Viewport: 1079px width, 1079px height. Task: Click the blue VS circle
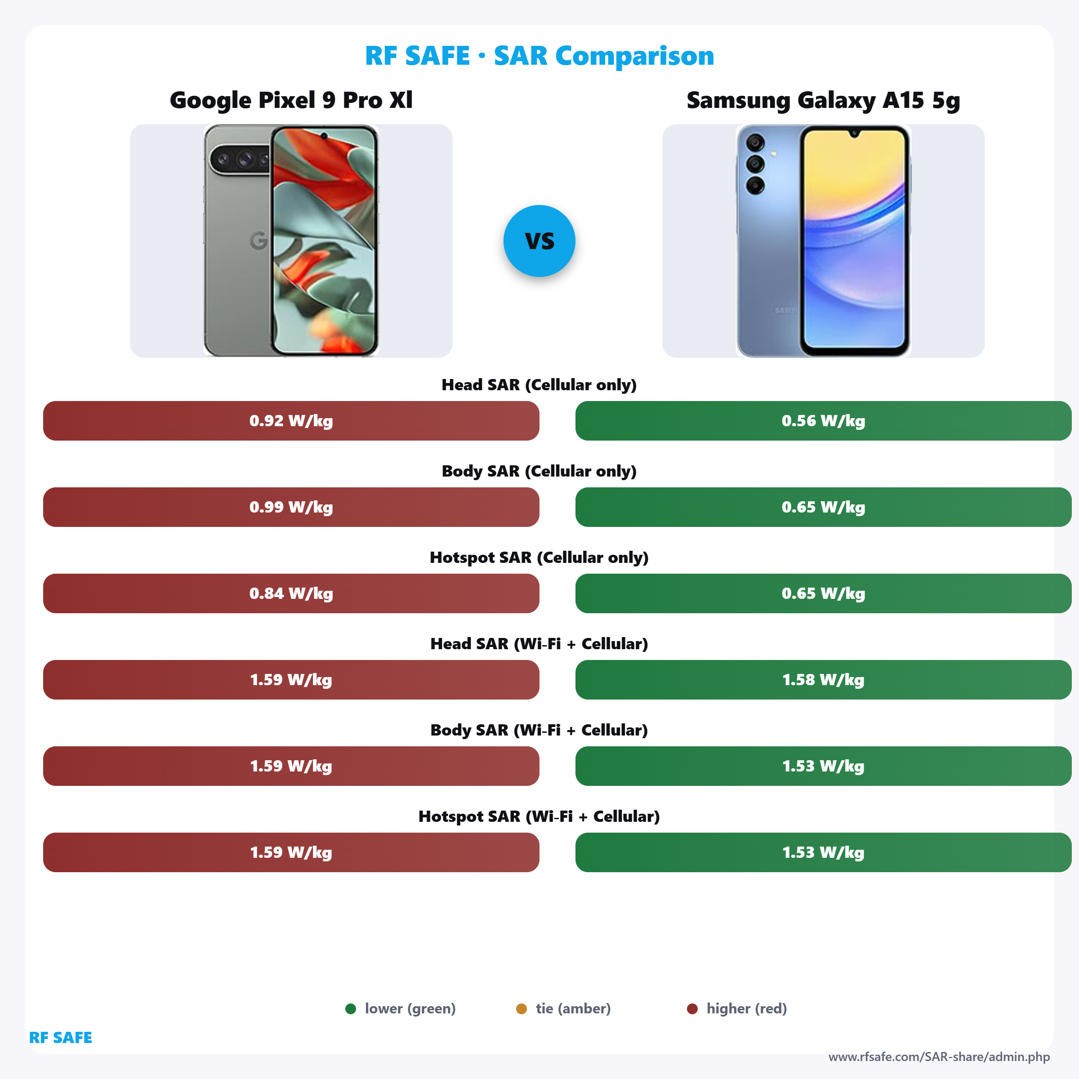tap(539, 241)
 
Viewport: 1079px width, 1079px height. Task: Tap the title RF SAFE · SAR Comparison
tap(539, 56)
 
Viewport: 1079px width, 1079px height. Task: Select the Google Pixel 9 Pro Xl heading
tap(291, 100)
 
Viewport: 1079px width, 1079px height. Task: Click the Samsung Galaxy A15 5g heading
tap(823, 100)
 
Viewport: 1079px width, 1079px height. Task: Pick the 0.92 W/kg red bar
tap(291, 420)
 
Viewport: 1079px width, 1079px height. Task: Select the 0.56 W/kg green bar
tap(823, 420)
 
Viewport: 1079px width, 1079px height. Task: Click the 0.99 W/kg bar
tap(291, 507)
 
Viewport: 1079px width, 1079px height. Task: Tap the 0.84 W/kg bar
tap(291, 593)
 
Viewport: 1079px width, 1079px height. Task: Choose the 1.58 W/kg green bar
tap(823, 680)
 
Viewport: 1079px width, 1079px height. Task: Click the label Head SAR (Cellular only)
tap(539, 385)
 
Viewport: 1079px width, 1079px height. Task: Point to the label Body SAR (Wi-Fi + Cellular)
tap(539, 730)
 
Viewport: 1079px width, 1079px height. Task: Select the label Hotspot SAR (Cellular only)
tap(539, 557)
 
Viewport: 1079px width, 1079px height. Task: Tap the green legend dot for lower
tap(351, 1008)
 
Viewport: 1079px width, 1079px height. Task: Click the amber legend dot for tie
tap(521, 1008)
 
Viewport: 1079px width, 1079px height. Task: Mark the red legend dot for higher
tap(692, 1008)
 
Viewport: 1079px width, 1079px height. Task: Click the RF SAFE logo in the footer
tap(60, 1038)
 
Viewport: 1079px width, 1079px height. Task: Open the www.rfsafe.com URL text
tap(939, 1057)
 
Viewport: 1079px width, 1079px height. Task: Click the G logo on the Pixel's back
tap(259, 241)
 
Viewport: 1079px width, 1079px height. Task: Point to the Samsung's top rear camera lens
tap(755, 143)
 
